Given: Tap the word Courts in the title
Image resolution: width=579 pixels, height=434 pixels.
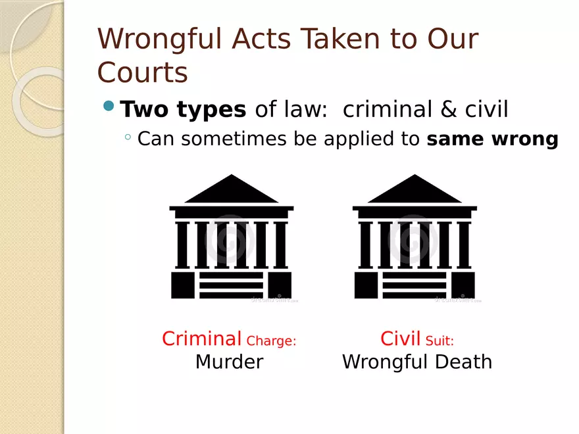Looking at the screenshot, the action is coord(143,72).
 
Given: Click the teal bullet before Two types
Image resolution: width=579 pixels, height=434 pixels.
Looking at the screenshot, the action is coord(109,106).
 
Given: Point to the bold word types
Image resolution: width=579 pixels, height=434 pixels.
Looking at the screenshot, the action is coord(211,110).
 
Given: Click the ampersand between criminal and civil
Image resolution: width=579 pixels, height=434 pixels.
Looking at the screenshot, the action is coord(448,109).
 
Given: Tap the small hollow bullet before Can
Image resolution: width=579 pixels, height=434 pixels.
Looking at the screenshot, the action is coord(128,137).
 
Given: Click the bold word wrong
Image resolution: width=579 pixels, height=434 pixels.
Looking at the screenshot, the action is coord(525,139).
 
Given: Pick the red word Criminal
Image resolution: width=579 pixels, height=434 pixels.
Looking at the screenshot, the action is coord(201,339).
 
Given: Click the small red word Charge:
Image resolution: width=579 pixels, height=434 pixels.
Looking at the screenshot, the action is coord(271,341).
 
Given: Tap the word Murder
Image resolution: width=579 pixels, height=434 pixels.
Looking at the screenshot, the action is coord(230,362).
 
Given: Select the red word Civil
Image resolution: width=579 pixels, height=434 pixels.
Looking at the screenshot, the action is coord(401,339).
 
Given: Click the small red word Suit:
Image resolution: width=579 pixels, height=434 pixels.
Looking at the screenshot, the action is coord(440,340).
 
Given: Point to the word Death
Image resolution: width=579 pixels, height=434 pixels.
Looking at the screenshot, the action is coord(463,362).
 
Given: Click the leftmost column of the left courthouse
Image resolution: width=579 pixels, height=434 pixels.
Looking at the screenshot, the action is coord(182,245).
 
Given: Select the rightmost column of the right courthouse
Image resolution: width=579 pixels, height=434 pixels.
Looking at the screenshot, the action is coord(463,245).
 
